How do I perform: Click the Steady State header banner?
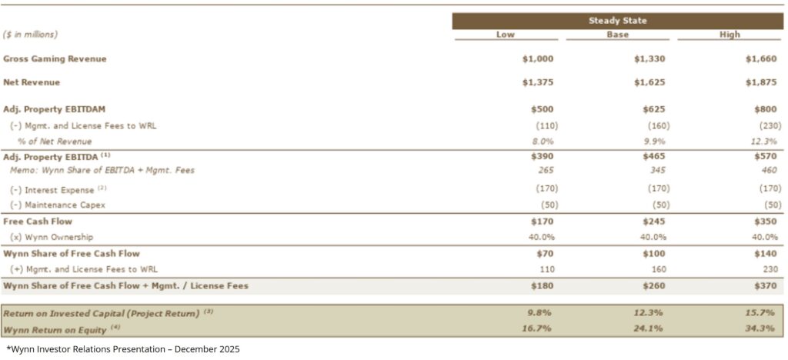pos(617,21)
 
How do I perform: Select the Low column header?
pos(506,35)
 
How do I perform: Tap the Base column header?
pos(617,35)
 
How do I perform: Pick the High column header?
pos(730,35)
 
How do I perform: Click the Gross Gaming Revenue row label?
pos(55,59)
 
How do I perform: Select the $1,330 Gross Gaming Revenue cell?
pos(650,59)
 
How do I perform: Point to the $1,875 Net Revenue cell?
pos(763,82)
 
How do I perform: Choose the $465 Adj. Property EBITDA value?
pos(653,157)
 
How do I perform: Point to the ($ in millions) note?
pos(31,35)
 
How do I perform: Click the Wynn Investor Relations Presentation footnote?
pos(123,349)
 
